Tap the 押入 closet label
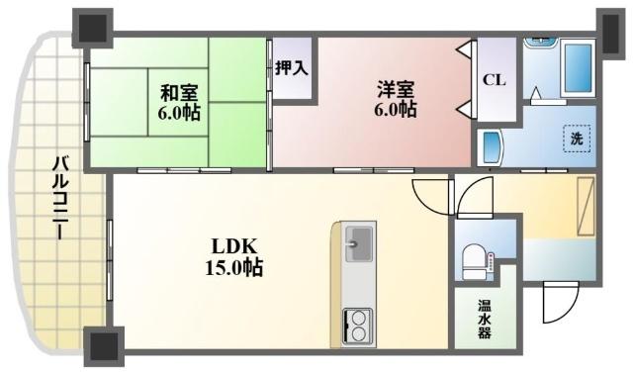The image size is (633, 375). (291, 68)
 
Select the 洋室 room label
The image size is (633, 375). (395, 88)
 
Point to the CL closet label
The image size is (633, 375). (494, 80)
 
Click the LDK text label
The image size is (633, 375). (232, 245)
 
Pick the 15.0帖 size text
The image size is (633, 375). (233, 266)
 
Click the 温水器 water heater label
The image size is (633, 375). (484, 319)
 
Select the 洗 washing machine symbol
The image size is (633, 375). (576, 140)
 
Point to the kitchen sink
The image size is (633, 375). (358, 242)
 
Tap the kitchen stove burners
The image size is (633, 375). (358, 324)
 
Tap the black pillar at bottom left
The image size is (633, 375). (104, 345)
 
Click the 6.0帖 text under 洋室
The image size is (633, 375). (395, 109)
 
